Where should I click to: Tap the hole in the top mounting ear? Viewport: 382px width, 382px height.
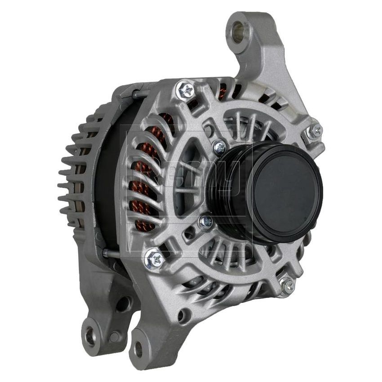(237, 31)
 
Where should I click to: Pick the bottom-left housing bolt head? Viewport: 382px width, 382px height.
(154, 258)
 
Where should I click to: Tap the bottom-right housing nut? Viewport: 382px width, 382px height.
(286, 285)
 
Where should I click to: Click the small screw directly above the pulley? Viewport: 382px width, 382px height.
(219, 147)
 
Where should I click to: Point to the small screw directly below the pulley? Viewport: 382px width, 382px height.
(206, 221)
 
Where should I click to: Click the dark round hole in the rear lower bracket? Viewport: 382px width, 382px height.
(122, 304)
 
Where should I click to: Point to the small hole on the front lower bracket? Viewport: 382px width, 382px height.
(182, 316)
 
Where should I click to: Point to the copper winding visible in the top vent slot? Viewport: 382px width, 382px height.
(223, 92)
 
